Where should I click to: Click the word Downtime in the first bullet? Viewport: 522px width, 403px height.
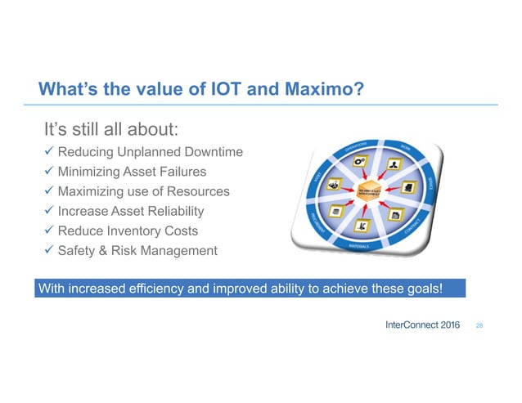click(x=214, y=153)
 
